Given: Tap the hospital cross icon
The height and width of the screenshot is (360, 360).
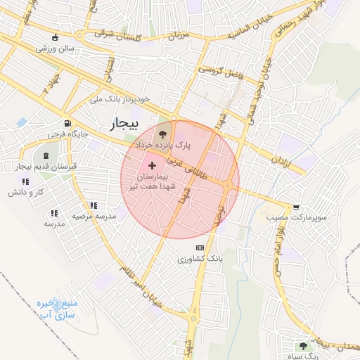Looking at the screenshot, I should coord(153,165).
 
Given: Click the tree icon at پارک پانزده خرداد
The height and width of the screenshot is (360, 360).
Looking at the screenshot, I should coord(163,134).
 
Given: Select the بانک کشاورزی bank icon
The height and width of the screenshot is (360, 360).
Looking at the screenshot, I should coord(200,247).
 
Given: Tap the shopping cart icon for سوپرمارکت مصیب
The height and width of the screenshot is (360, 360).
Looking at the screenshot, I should coord(297,207).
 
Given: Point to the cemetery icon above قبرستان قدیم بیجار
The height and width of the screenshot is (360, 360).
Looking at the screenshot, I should coord(46,155).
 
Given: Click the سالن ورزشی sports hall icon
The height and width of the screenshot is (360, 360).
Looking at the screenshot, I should coord(56,37).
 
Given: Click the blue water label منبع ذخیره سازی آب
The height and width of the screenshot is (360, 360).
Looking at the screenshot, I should coord(56,312).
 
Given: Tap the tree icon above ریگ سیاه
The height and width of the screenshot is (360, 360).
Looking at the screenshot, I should coord(303,346).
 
